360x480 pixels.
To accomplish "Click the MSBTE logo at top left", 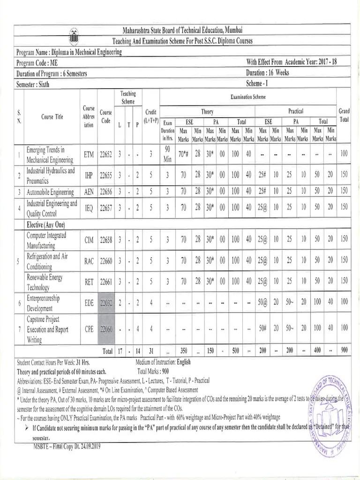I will point(74,36).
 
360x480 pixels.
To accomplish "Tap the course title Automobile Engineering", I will point(50,192).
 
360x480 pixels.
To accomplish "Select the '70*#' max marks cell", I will point(184,153).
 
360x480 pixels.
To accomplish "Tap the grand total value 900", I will point(344,351).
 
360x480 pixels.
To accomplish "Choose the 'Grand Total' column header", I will point(344,115).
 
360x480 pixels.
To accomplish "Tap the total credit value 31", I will point(151,351).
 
